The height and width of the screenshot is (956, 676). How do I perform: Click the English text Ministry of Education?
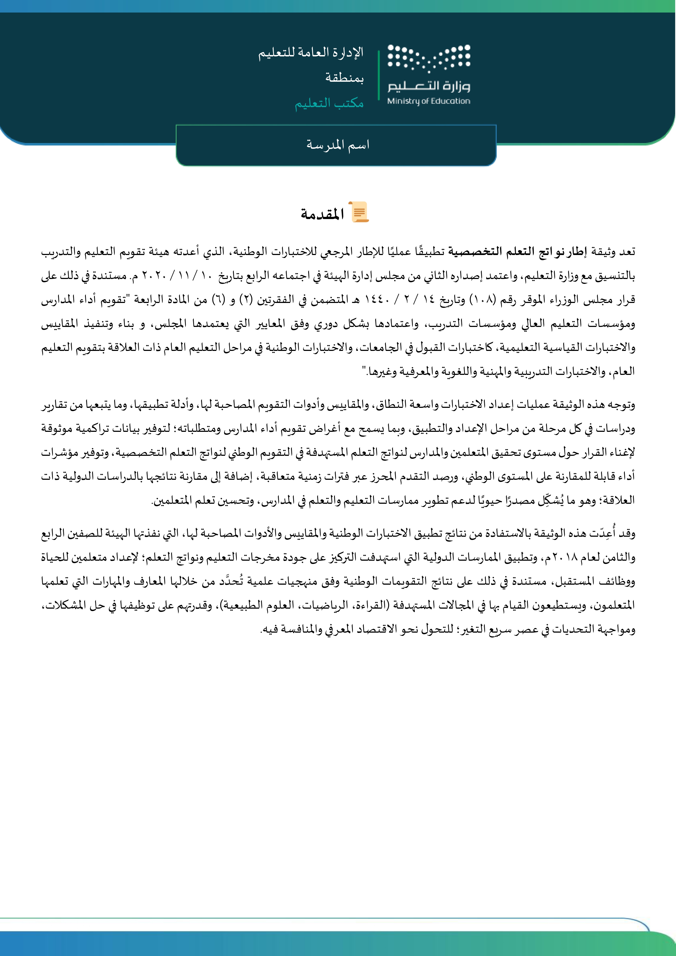click(429, 101)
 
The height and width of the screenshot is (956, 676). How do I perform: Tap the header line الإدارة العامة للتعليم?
click(310, 53)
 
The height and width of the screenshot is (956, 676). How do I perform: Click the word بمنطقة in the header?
click(344, 78)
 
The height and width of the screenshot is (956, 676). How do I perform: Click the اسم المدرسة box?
click(336, 145)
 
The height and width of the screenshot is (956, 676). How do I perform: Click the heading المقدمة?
click(322, 214)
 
